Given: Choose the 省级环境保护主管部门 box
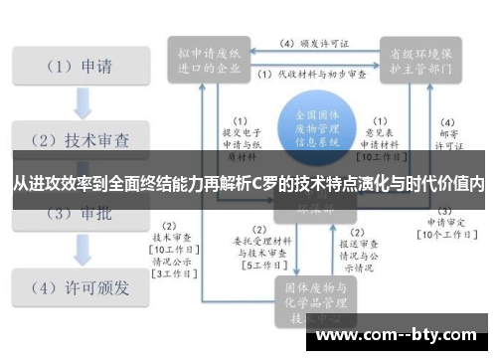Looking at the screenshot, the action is pyautogui.click(x=419, y=58).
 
